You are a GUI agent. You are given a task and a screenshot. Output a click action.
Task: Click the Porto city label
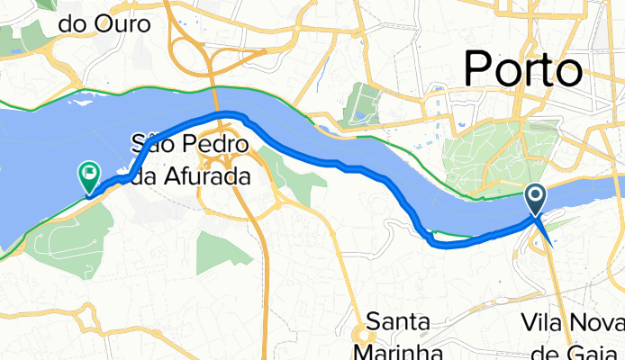(x=522, y=70)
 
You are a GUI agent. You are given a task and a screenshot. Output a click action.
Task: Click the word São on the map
(x=150, y=142)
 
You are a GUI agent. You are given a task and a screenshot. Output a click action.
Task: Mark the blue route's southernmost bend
(x=436, y=241)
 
